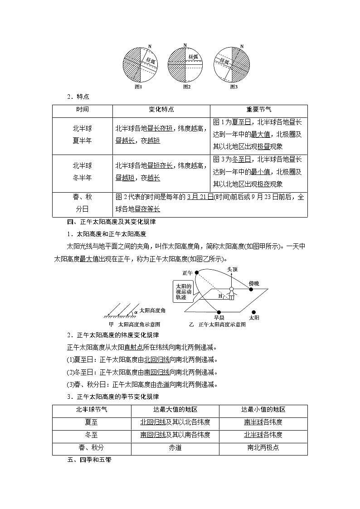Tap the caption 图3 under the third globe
[x=234, y=87]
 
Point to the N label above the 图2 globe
[x=185, y=45]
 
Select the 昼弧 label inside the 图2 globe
[x=192, y=57]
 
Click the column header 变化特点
[x=161, y=110]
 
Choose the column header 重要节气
[x=259, y=110]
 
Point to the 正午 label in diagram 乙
[x=188, y=273]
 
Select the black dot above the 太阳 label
[x=254, y=312]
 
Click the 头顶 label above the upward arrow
[x=232, y=269]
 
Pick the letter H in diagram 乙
[x=220, y=296]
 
